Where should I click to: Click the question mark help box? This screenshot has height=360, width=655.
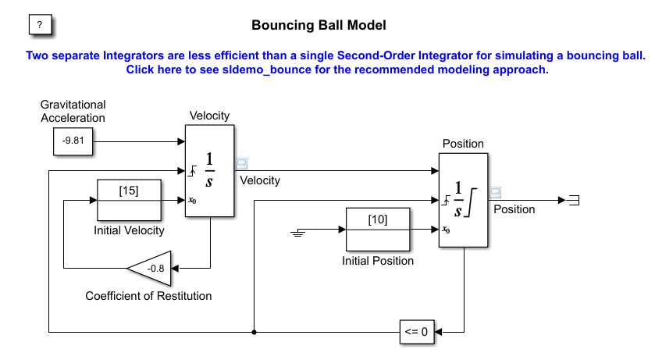pos(40,25)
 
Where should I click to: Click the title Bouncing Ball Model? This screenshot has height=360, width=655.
pos(319,25)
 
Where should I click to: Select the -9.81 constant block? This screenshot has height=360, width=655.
pos(69,141)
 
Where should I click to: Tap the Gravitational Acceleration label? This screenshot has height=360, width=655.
pos(73,111)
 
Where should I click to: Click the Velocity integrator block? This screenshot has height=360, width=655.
pos(209,169)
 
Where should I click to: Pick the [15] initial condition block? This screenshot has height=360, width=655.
pos(129,200)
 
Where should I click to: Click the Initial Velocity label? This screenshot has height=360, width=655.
pos(129,230)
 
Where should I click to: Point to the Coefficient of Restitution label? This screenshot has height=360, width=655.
pos(148,296)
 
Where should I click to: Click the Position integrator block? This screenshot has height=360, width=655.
pos(463,200)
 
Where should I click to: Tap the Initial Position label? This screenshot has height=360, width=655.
pos(378,260)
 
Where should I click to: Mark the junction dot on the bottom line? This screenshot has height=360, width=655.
pos(255,332)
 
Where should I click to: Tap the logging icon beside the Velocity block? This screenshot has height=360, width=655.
pos(241,163)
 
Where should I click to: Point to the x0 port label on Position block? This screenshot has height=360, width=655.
pos(446,230)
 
